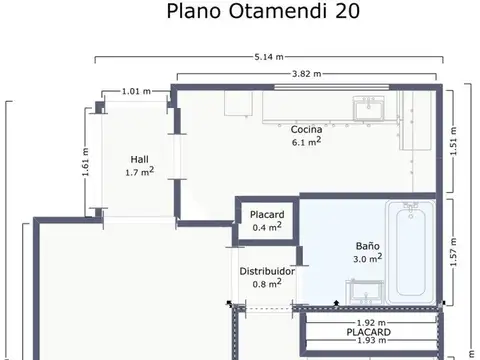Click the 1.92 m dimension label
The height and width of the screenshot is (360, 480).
pos(372,322)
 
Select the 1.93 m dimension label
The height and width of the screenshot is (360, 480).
pos(372,341)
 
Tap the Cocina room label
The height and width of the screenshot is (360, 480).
pos(306,130)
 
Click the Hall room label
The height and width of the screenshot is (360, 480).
pos(139,159)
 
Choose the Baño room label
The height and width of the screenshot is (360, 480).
pos(368,245)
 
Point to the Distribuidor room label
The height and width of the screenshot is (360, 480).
pos(266,271)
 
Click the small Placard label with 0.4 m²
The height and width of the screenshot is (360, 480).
pos(267,214)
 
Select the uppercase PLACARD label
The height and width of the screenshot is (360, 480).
pos(369,331)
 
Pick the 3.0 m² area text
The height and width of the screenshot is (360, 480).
pos(368,258)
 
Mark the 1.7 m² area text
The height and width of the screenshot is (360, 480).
pos(139,172)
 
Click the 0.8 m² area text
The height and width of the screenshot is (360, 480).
pos(266,284)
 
